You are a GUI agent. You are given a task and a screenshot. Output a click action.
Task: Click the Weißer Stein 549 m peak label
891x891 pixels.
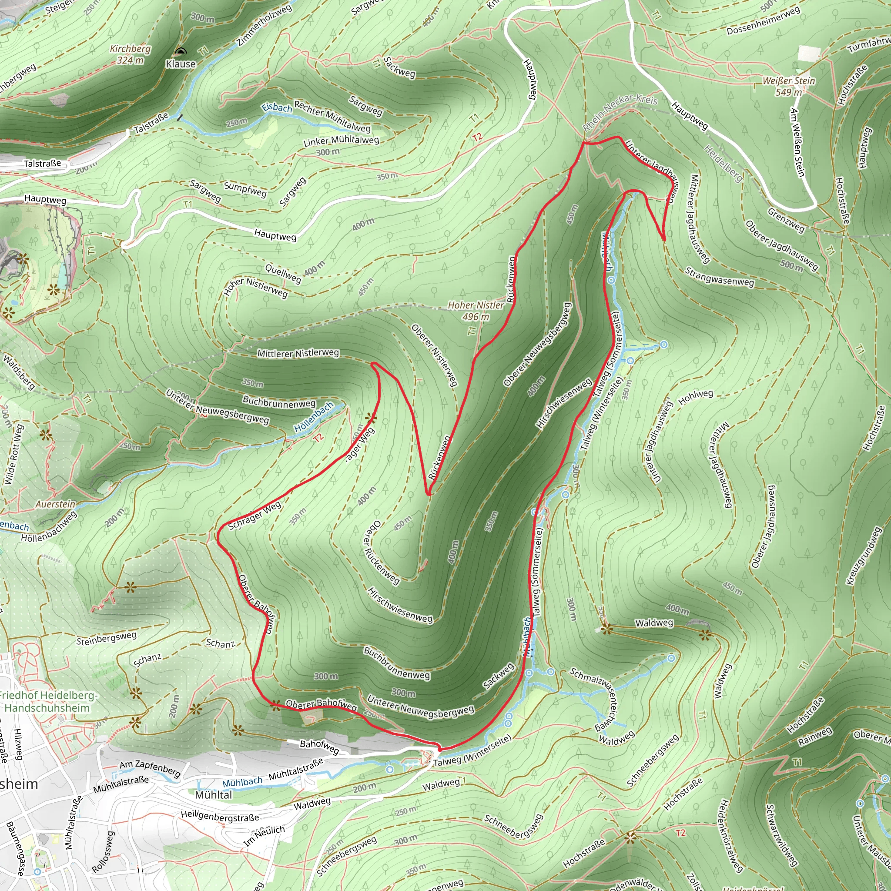(x=789, y=86)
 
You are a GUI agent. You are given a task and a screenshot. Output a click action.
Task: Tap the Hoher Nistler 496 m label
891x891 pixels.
(x=476, y=310)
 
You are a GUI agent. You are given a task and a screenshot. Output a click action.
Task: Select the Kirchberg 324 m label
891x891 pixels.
(x=130, y=54)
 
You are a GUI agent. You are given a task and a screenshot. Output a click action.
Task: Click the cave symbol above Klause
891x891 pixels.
(x=181, y=52)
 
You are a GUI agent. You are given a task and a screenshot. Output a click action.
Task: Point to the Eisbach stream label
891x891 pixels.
(x=277, y=107)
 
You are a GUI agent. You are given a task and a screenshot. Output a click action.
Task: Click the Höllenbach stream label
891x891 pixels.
(x=314, y=417)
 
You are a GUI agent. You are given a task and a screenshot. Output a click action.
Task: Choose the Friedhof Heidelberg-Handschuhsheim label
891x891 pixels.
(x=47, y=701)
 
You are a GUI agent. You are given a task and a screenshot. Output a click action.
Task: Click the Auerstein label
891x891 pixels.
(x=55, y=504)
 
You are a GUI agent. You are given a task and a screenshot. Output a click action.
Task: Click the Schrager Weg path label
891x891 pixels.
(x=255, y=515)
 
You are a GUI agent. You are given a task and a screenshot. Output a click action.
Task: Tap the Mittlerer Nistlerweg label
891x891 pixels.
(x=298, y=353)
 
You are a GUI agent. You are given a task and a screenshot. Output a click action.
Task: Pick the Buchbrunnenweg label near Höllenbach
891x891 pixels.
(x=279, y=402)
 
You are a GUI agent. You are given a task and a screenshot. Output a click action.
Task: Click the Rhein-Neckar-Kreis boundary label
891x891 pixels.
(x=620, y=112)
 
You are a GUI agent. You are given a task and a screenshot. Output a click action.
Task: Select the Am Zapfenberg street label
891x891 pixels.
(x=150, y=767)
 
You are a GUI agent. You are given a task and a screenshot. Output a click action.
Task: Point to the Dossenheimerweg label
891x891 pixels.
(x=763, y=21)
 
